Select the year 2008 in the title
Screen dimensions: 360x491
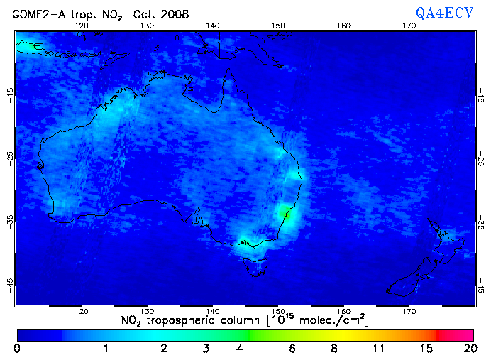(x=175, y=13)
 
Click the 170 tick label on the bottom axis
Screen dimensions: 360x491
(x=409, y=312)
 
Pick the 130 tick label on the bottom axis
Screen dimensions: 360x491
(x=148, y=312)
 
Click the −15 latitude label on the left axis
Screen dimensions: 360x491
(x=9, y=94)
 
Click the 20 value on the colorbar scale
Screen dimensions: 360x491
(x=468, y=349)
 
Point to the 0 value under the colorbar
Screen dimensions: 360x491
(x=17, y=349)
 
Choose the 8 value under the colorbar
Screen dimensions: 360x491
(x=333, y=349)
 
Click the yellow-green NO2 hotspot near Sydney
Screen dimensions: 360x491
(x=287, y=213)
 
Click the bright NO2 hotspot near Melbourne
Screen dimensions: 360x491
(x=245, y=243)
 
